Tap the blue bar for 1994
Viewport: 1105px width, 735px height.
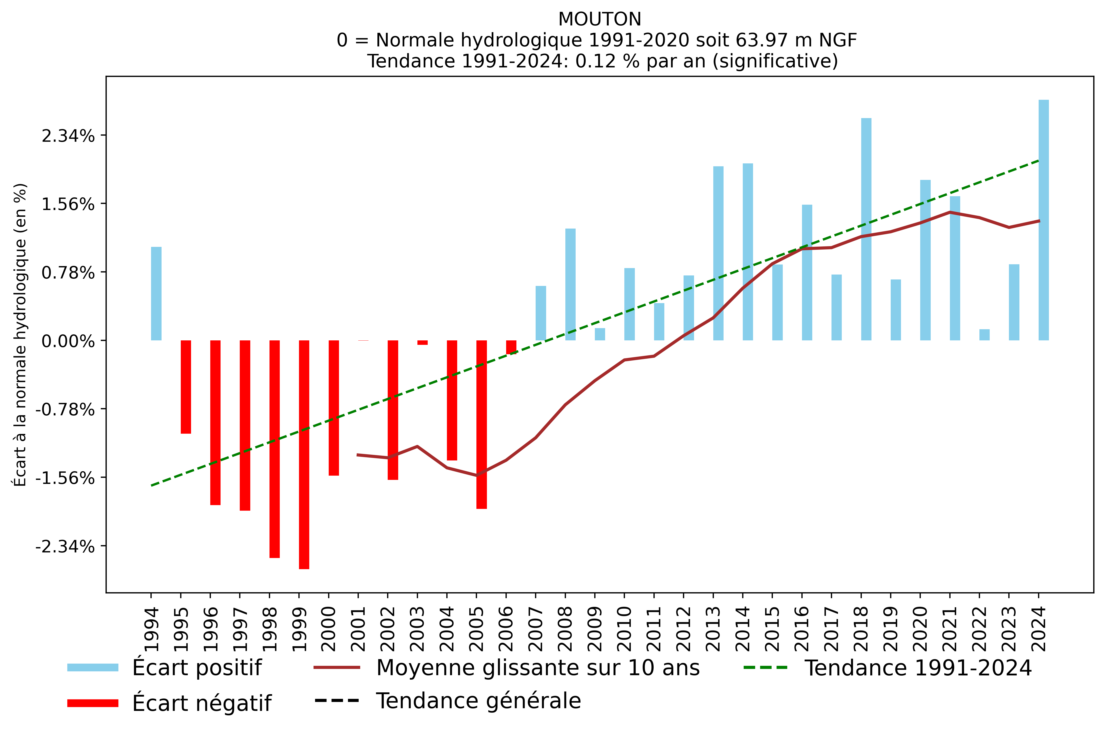point(156,294)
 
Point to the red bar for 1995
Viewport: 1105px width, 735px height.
point(186,387)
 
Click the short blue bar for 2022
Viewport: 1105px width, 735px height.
point(984,335)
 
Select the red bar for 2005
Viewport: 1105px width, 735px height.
point(481,424)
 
